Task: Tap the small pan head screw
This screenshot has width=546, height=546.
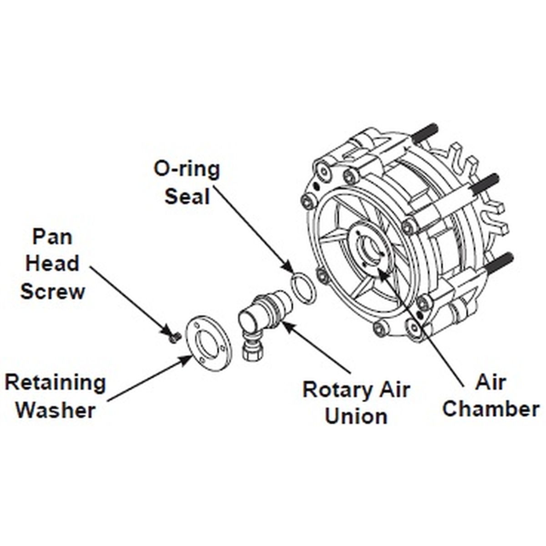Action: click(173, 337)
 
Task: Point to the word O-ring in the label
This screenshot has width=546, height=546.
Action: click(187, 169)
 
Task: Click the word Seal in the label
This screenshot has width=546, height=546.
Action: click(187, 197)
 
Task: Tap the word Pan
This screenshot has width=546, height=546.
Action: click(52, 237)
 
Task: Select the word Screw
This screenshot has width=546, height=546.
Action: click(52, 291)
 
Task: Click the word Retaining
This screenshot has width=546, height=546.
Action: click(55, 383)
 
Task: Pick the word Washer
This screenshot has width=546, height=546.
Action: click(56, 410)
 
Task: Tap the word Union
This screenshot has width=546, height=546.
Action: click(356, 416)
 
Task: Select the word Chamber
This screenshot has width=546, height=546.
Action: click(491, 409)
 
